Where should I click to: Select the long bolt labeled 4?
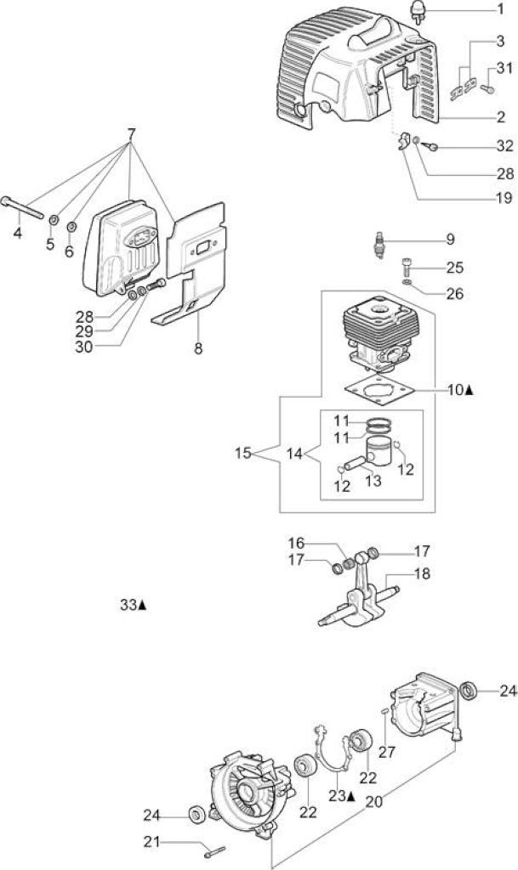coord(22,208)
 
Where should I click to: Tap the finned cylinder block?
coord(378,332)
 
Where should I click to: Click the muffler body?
coord(122,247)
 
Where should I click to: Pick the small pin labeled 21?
coord(215,851)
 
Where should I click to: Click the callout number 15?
coord(243,453)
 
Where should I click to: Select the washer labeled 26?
coord(407,283)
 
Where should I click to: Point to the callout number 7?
coord(131,134)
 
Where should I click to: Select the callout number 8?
coord(198,349)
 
